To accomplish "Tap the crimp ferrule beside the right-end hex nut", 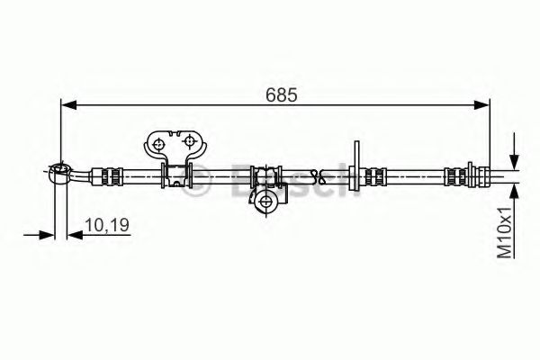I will [x=449, y=175].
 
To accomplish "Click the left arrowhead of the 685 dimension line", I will [x=67, y=106].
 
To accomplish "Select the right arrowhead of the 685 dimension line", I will [x=486, y=106].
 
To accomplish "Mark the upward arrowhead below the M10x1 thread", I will [x=514, y=190].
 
